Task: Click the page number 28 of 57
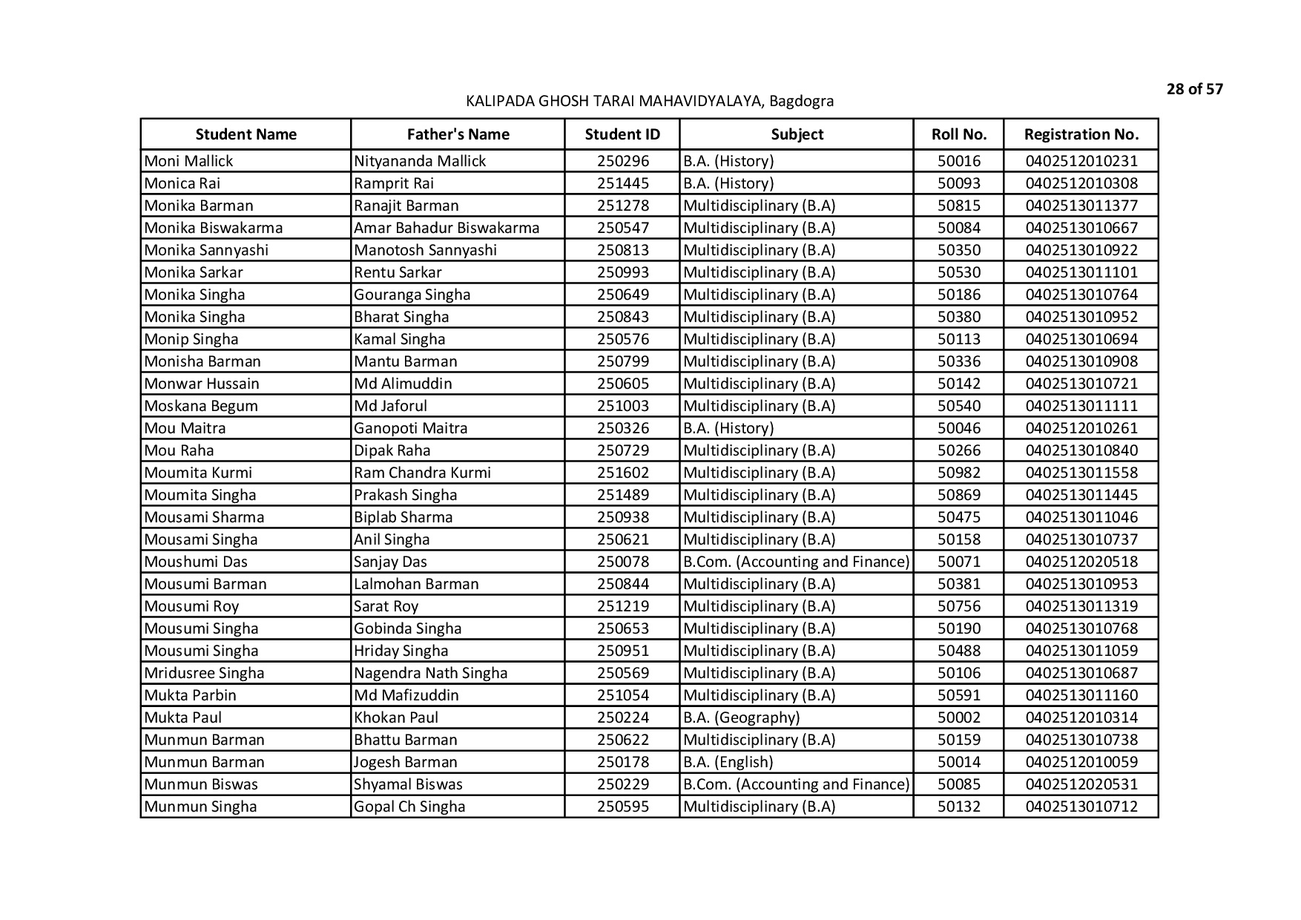tap(1194, 90)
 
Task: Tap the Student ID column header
tap(622, 134)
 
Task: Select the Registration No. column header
tap(1081, 134)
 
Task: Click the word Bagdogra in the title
tap(801, 101)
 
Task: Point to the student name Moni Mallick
tap(188, 161)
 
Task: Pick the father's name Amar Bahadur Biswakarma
tap(447, 228)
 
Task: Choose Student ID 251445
tap(622, 183)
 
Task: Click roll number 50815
tap(958, 206)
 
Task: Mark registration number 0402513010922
tap(1081, 250)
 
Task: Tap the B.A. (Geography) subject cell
tap(741, 717)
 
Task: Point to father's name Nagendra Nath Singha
tap(430, 673)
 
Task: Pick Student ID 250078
tap(622, 562)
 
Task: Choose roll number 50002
tap(958, 717)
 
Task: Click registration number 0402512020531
tap(1081, 784)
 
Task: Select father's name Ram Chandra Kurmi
tap(422, 473)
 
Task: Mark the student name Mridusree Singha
tap(204, 673)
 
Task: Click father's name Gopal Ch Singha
tap(409, 806)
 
